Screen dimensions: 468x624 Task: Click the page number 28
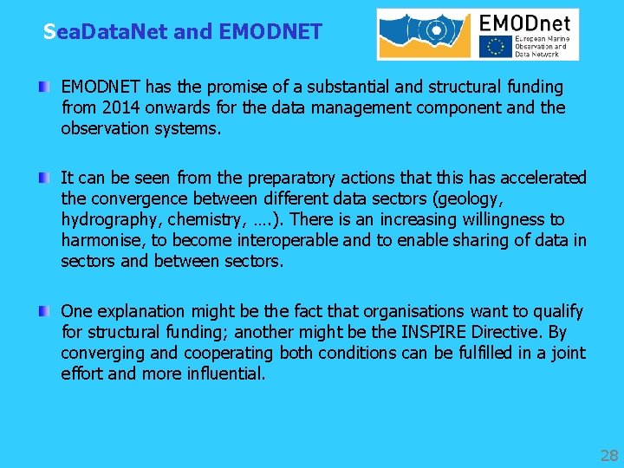pos(608,455)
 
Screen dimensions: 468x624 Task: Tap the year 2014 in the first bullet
pos(118,107)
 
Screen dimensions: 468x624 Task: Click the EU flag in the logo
pos(497,46)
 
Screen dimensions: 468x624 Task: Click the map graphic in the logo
pos(424,35)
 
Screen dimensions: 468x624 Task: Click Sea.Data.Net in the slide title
pos(106,32)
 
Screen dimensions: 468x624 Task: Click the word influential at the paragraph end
pos(222,374)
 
